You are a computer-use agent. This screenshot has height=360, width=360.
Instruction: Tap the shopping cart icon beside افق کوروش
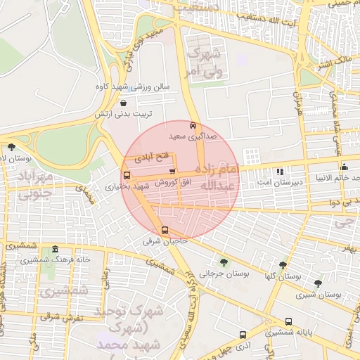click(x=172, y=171)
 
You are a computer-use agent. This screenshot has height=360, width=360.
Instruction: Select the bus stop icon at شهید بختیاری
click(x=127, y=176)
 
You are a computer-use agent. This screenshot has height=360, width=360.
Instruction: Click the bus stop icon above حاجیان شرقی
click(x=165, y=230)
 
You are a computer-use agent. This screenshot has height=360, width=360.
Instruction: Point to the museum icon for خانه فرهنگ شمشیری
click(x=56, y=250)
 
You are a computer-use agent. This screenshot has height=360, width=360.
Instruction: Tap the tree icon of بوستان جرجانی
click(x=224, y=262)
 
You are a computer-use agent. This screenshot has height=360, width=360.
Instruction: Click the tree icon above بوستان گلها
click(x=283, y=266)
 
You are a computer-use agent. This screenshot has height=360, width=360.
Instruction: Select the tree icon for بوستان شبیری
click(x=318, y=283)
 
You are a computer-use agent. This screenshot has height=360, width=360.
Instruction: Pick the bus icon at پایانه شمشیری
click(x=288, y=321)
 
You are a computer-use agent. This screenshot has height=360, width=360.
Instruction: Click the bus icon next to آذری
click(x=243, y=335)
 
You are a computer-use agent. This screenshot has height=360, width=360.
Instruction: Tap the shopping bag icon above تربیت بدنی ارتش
click(x=124, y=103)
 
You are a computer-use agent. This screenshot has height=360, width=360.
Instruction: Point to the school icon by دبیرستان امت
click(x=280, y=171)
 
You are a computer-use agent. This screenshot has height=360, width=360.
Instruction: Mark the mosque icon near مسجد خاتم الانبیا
click(x=344, y=167)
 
